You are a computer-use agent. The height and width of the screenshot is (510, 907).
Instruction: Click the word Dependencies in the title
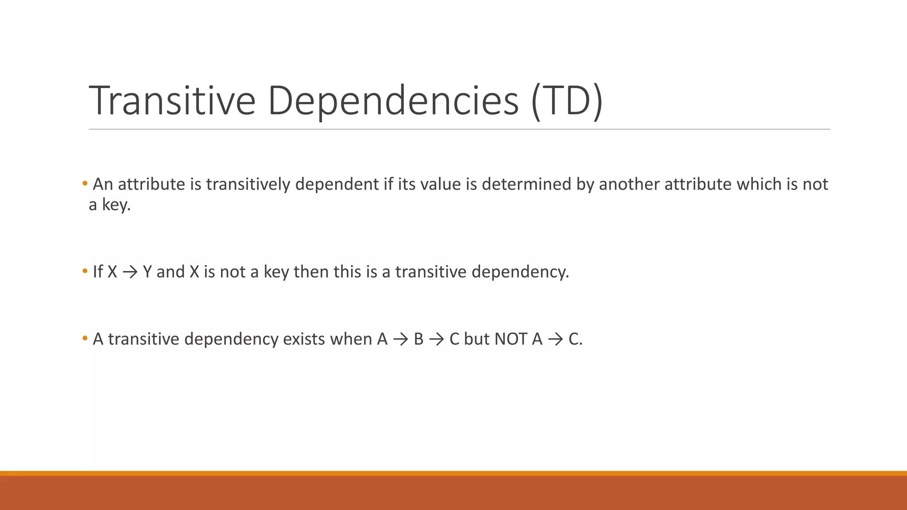click(x=393, y=100)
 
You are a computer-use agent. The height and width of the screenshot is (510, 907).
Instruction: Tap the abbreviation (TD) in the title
click(x=566, y=100)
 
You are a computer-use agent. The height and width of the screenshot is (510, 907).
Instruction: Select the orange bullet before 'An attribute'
click(x=85, y=183)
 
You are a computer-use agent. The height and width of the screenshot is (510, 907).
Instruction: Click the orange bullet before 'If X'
click(x=85, y=271)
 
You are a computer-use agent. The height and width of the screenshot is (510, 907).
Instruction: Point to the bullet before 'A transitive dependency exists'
click(x=85, y=339)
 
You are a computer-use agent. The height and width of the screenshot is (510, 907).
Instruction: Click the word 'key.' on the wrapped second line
click(x=116, y=205)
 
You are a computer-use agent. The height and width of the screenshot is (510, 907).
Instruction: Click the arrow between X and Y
click(x=130, y=272)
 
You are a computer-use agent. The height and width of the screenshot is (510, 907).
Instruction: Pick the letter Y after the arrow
click(x=147, y=272)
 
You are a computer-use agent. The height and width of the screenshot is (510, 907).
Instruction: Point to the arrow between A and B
click(x=400, y=340)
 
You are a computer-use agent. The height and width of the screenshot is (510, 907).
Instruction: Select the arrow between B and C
click(x=436, y=340)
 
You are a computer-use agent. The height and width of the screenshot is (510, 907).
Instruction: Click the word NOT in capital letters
click(x=511, y=339)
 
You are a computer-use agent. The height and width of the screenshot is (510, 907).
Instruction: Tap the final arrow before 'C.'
click(x=555, y=340)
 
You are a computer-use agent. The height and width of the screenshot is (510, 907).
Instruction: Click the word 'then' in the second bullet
click(x=311, y=272)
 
